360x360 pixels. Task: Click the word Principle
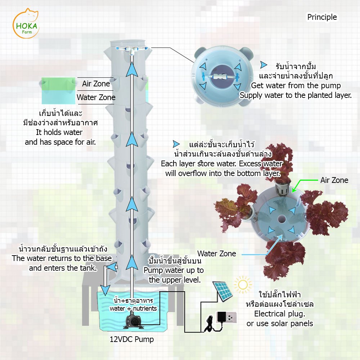322,17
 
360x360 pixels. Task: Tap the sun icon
243,285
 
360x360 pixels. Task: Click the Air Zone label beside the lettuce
334,180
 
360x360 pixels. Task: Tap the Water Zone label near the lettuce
217,253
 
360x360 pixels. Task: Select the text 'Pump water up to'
174,270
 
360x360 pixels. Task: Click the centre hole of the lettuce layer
281,219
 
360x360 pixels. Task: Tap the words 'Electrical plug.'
279,314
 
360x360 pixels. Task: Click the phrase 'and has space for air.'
60,142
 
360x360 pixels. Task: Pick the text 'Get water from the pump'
296,86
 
